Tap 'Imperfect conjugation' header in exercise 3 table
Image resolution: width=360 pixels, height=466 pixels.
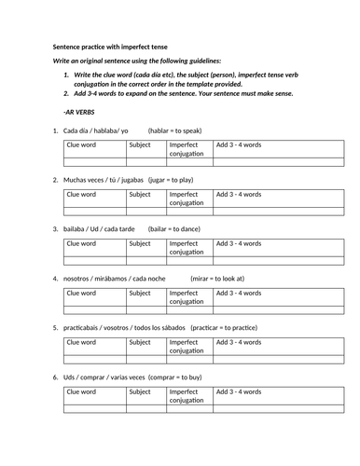pos(188,248)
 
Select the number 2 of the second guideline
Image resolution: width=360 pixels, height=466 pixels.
pos(66,94)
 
